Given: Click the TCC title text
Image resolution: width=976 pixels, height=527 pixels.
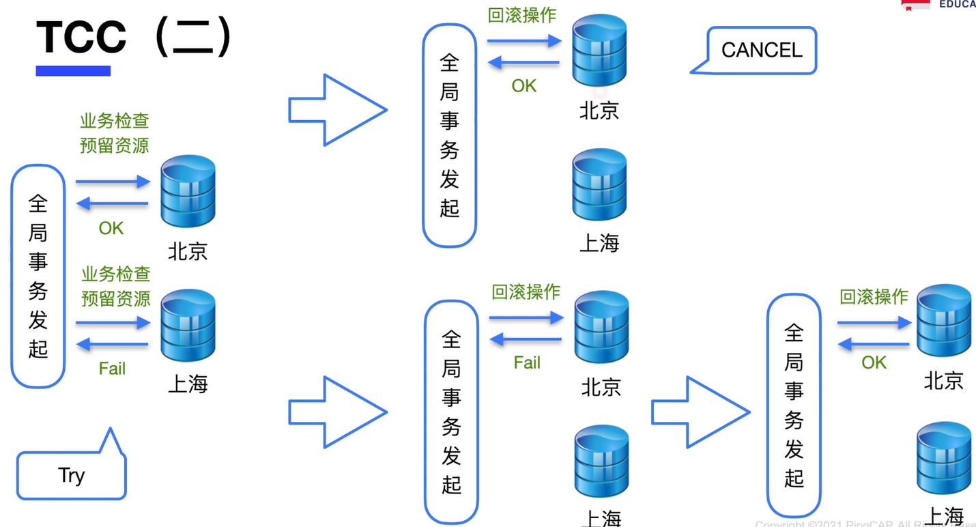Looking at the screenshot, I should pos(81,38).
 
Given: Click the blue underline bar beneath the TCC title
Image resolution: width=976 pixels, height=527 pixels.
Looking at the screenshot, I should pos(73,70).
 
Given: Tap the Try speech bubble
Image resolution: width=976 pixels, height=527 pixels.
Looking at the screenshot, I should pos(71,475).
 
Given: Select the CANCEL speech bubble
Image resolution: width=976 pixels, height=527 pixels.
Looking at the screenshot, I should pos(762,50).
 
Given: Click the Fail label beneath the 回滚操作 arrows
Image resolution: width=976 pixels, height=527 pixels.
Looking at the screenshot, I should pos(527,362).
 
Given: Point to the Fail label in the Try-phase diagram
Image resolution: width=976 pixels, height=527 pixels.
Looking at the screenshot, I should pos(112,369).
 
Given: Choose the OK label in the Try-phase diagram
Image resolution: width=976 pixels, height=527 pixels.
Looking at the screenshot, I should pos(111,228).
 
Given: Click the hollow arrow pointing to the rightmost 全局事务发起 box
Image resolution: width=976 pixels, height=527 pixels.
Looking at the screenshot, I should pos(700,412).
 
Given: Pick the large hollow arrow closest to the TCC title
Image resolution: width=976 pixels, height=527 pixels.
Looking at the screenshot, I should pos(337,110).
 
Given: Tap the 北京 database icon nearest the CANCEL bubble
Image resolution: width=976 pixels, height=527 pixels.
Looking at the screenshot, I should pos(599,51).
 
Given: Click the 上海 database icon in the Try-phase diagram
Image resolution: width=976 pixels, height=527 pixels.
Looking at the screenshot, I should pos(188,325).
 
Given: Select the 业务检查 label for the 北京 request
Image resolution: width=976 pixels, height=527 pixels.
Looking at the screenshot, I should pos(115,122).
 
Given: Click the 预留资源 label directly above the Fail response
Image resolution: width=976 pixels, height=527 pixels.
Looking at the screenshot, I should pos(116,298).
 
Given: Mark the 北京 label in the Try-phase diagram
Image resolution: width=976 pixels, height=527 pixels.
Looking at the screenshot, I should pos(188,252).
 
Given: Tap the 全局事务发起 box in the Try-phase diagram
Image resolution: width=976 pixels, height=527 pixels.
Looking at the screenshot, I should pos(38,276).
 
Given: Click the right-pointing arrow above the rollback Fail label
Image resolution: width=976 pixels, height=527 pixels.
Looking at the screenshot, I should pos(526,317).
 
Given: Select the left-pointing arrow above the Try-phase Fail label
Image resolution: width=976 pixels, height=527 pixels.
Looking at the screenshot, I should pos(112,345).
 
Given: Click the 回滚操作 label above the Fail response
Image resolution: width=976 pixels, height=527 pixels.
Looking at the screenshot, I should pos(526,292).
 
